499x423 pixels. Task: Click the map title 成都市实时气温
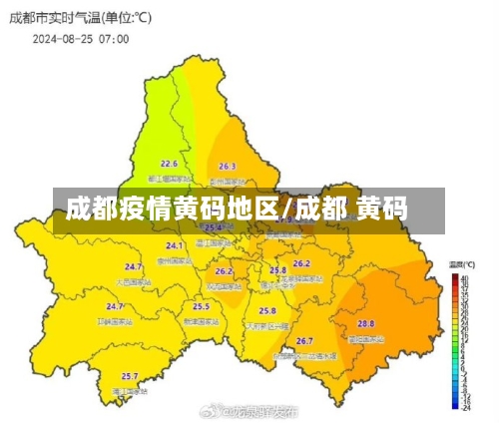point(58,19)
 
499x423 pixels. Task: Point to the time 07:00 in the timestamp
point(114,39)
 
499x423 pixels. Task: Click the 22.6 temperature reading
point(169,164)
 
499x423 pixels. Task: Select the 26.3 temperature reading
point(227,167)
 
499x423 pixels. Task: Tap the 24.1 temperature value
point(175,245)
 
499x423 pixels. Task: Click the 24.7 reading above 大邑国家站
point(133,267)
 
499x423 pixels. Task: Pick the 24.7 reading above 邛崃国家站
point(115,307)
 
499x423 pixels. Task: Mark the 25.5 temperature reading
point(201,306)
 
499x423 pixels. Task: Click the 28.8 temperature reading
point(366,323)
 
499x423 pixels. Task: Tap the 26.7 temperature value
point(304,341)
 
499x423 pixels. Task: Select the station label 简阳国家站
point(367,339)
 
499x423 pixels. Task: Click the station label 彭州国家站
point(228,182)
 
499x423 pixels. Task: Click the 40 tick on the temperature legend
point(466,277)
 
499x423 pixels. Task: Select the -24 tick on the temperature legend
point(468,407)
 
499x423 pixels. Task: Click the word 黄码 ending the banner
point(381,210)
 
